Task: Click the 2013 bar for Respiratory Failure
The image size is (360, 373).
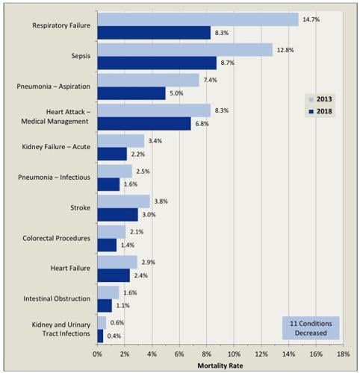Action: tap(198, 19)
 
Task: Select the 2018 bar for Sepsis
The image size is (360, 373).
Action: tap(157, 63)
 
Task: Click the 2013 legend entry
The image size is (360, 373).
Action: tap(321, 98)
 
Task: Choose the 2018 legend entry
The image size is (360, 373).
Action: tap(321, 112)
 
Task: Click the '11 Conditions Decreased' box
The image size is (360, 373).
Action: tap(310, 329)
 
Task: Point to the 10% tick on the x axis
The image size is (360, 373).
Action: tap(234, 354)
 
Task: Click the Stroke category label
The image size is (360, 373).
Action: tap(80, 207)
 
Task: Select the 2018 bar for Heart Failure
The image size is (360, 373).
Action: tap(114, 275)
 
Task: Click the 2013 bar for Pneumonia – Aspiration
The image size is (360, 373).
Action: tap(148, 80)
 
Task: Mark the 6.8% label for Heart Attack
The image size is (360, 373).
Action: tap(202, 124)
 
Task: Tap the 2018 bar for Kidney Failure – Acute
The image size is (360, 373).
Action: tap(112, 154)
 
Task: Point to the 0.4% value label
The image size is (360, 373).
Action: tap(114, 336)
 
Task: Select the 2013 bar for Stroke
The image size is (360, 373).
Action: tap(123, 201)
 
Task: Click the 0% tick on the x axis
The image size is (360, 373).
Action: tap(98, 354)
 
